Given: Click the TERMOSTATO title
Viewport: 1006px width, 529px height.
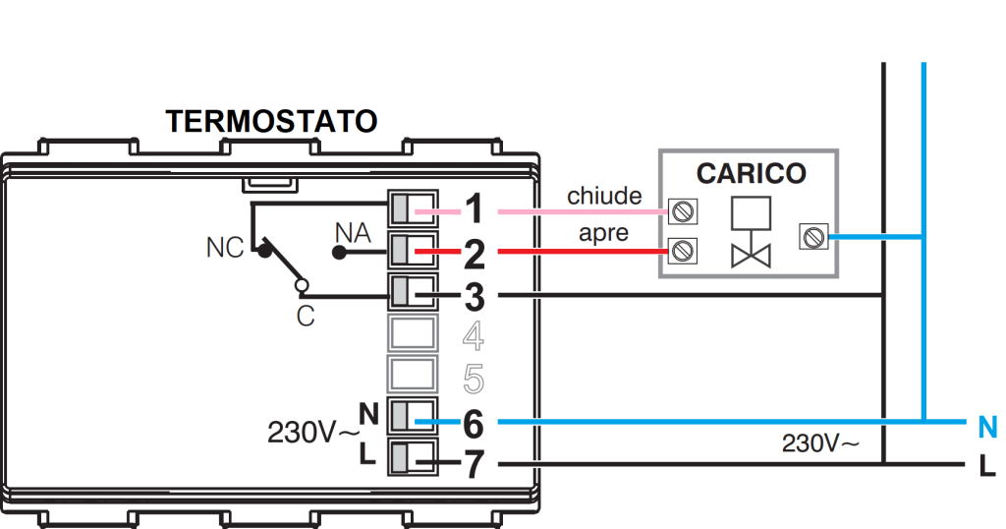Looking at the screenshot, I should (x=271, y=122).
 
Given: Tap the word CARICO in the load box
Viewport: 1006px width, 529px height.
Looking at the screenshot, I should (x=751, y=174).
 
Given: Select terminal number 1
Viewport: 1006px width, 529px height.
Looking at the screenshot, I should (x=475, y=209).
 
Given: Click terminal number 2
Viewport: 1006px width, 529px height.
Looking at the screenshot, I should (x=475, y=253).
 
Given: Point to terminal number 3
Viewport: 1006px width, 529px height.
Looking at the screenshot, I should (x=475, y=295).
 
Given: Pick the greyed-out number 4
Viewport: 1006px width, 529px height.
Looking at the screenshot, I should (x=475, y=336).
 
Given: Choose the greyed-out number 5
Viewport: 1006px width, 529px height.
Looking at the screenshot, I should (x=475, y=379).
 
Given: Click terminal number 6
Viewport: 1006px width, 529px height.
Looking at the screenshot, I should (x=475, y=422).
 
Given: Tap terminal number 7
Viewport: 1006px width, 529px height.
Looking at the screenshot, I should (x=475, y=463).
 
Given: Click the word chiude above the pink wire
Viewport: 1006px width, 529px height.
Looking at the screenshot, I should (x=603, y=196).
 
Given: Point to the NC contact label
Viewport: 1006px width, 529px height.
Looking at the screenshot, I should (x=224, y=248).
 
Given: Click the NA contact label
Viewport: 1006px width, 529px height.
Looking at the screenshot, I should (x=352, y=233).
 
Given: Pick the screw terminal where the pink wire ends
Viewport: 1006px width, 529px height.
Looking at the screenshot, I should (x=681, y=210).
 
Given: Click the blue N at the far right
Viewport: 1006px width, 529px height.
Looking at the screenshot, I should (x=987, y=428).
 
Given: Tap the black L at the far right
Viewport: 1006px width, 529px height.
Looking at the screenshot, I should (x=987, y=464).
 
